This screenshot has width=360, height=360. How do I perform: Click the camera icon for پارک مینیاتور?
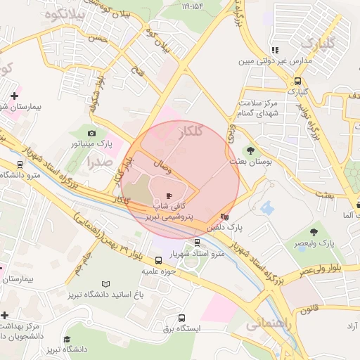(x=92, y=133)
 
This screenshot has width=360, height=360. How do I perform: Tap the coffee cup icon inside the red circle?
(x=168, y=196)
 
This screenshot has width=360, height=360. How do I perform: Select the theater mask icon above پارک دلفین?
(x=224, y=217)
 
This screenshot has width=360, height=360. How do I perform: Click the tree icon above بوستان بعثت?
(x=250, y=150)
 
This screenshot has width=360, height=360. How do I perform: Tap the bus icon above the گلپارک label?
(x=297, y=80)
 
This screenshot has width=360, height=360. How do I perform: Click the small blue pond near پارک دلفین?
(x=266, y=207)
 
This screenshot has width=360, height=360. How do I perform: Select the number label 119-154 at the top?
(x=196, y=6)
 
